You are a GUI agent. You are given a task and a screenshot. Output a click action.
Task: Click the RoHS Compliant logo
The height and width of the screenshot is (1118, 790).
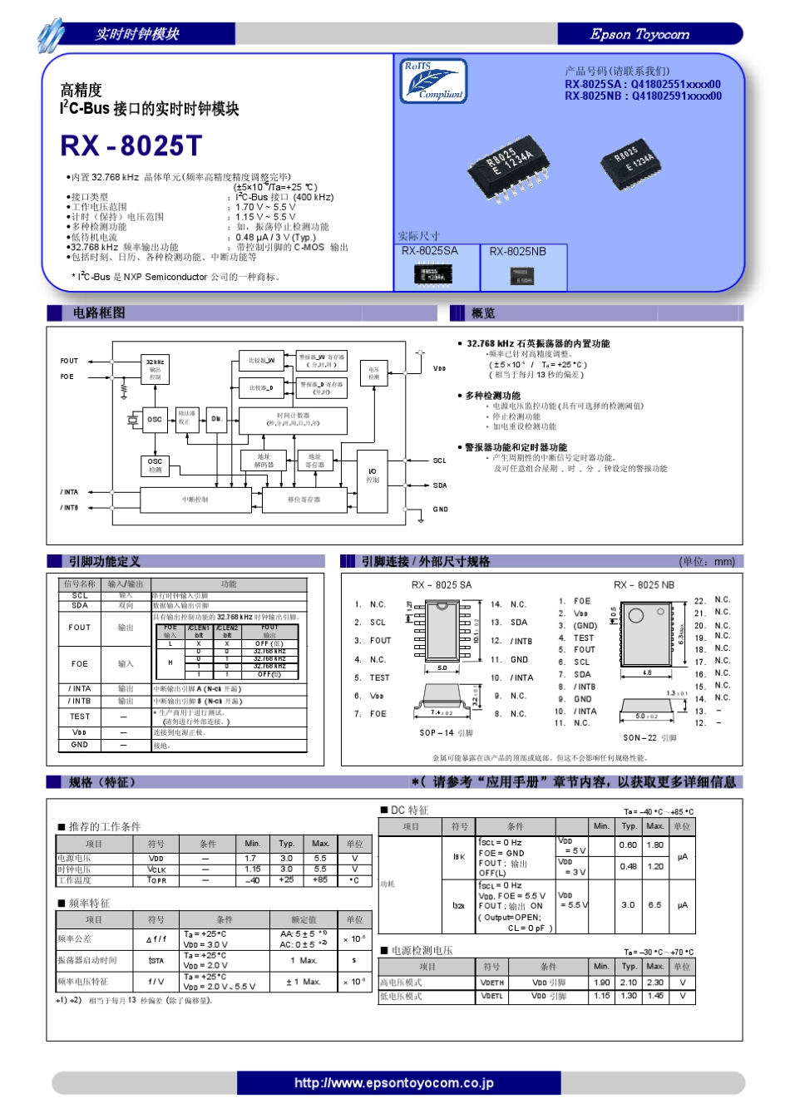tap(433, 81)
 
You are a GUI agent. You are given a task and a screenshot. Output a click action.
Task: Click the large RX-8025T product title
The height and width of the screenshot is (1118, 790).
tap(131, 145)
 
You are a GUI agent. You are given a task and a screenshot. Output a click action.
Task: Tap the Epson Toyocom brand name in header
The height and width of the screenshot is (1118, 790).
tap(639, 34)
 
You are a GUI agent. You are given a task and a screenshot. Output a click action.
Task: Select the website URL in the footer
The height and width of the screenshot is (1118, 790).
tap(393, 1082)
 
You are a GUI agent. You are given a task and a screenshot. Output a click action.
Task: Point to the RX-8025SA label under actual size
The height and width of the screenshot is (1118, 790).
tap(429, 251)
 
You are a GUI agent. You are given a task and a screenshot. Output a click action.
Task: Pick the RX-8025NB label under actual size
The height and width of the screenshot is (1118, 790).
tap(517, 251)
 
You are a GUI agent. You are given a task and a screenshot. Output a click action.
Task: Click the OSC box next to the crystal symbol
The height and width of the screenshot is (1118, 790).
tap(155, 419)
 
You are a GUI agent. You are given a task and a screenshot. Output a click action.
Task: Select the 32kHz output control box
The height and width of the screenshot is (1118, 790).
tap(156, 370)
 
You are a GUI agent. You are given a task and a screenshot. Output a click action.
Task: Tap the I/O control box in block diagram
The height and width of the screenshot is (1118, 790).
tap(372, 475)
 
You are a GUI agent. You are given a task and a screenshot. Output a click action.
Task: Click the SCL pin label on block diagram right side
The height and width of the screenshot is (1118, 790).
tap(440, 460)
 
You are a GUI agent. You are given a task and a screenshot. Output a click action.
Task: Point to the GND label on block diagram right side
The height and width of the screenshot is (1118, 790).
tap(440, 509)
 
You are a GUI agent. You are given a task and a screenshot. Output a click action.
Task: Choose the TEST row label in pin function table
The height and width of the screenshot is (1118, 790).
tap(80, 716)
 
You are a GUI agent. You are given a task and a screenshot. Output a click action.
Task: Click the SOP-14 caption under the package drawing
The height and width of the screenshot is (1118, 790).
tap(447, 732)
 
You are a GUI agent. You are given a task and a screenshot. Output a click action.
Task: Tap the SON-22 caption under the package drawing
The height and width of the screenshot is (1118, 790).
tap(649, 737)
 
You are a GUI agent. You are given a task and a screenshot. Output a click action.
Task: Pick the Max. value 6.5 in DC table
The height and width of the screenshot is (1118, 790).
tap(655, 905)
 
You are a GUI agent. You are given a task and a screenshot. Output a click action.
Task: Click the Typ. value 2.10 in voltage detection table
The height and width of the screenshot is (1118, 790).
tap(629, 983)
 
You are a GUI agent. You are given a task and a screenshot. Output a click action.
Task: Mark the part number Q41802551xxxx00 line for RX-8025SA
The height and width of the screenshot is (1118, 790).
tap(643, 84)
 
